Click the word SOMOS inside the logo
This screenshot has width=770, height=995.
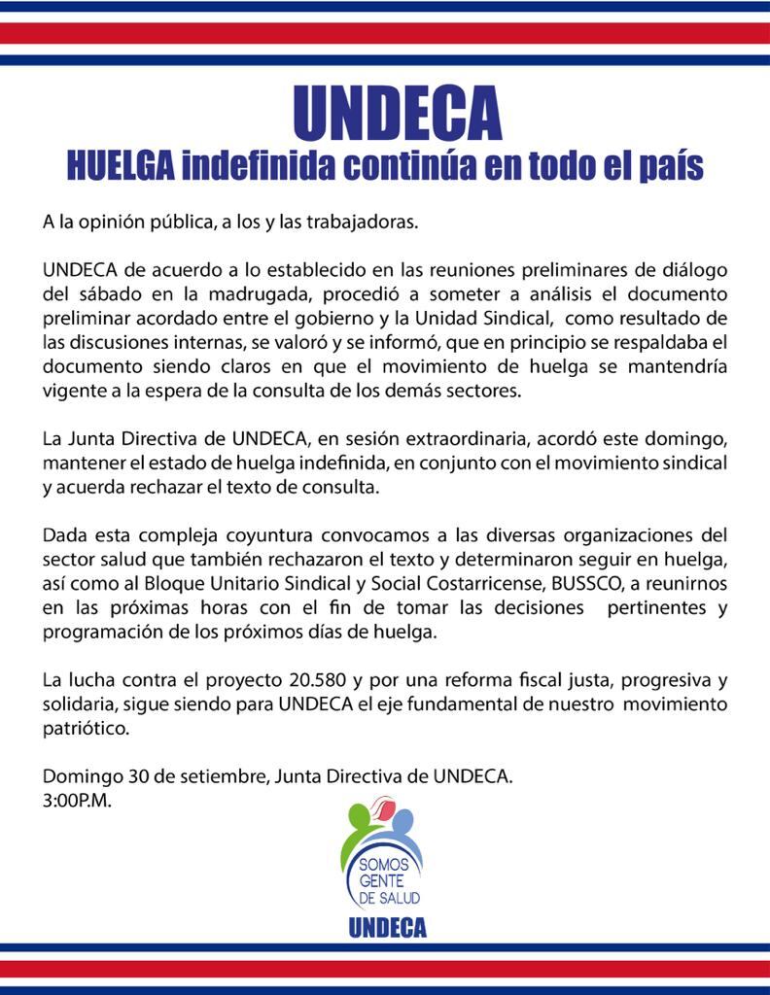click(377, 864)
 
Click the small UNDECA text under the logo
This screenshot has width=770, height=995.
click(387, 927)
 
